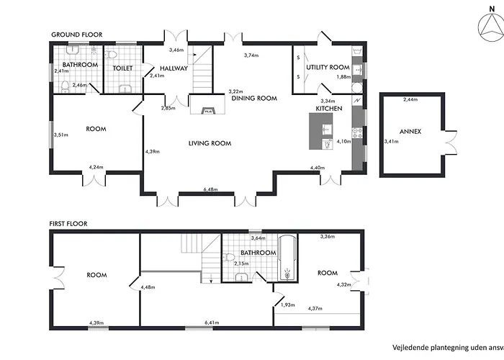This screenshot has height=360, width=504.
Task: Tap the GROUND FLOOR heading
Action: [x=77, y=35]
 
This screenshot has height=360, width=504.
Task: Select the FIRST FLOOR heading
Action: [x=68, y=224]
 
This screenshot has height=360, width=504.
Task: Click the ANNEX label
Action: [x=410, y=132]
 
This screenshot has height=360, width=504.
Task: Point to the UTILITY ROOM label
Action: [x=328, y=67]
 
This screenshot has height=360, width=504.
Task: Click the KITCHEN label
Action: [x=329, y=109]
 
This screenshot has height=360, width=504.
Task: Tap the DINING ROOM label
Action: [x=254, y=99]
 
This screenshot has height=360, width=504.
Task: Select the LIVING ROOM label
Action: [x=210, y=143]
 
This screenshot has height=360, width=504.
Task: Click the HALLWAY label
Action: [x=174, y=68]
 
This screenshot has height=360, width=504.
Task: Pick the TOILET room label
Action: [x=123, y=68]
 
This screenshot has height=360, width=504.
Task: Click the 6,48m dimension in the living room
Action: [x=210, y=189]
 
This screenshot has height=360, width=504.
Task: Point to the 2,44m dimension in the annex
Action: [x=410, y=99]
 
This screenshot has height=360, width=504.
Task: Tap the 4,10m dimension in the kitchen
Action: [x=343, y=141]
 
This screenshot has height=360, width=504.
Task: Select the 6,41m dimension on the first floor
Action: [x=212, y=323]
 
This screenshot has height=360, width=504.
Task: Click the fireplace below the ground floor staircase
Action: [x=207, y=104]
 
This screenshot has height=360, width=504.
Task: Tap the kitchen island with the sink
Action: [x=321, y=131]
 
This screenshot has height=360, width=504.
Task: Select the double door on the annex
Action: [x=451, y=143]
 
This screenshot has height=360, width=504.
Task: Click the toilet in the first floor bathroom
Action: [x=229, y=257]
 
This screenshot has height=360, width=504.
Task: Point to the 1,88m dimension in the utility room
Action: [x=343, y=77]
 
